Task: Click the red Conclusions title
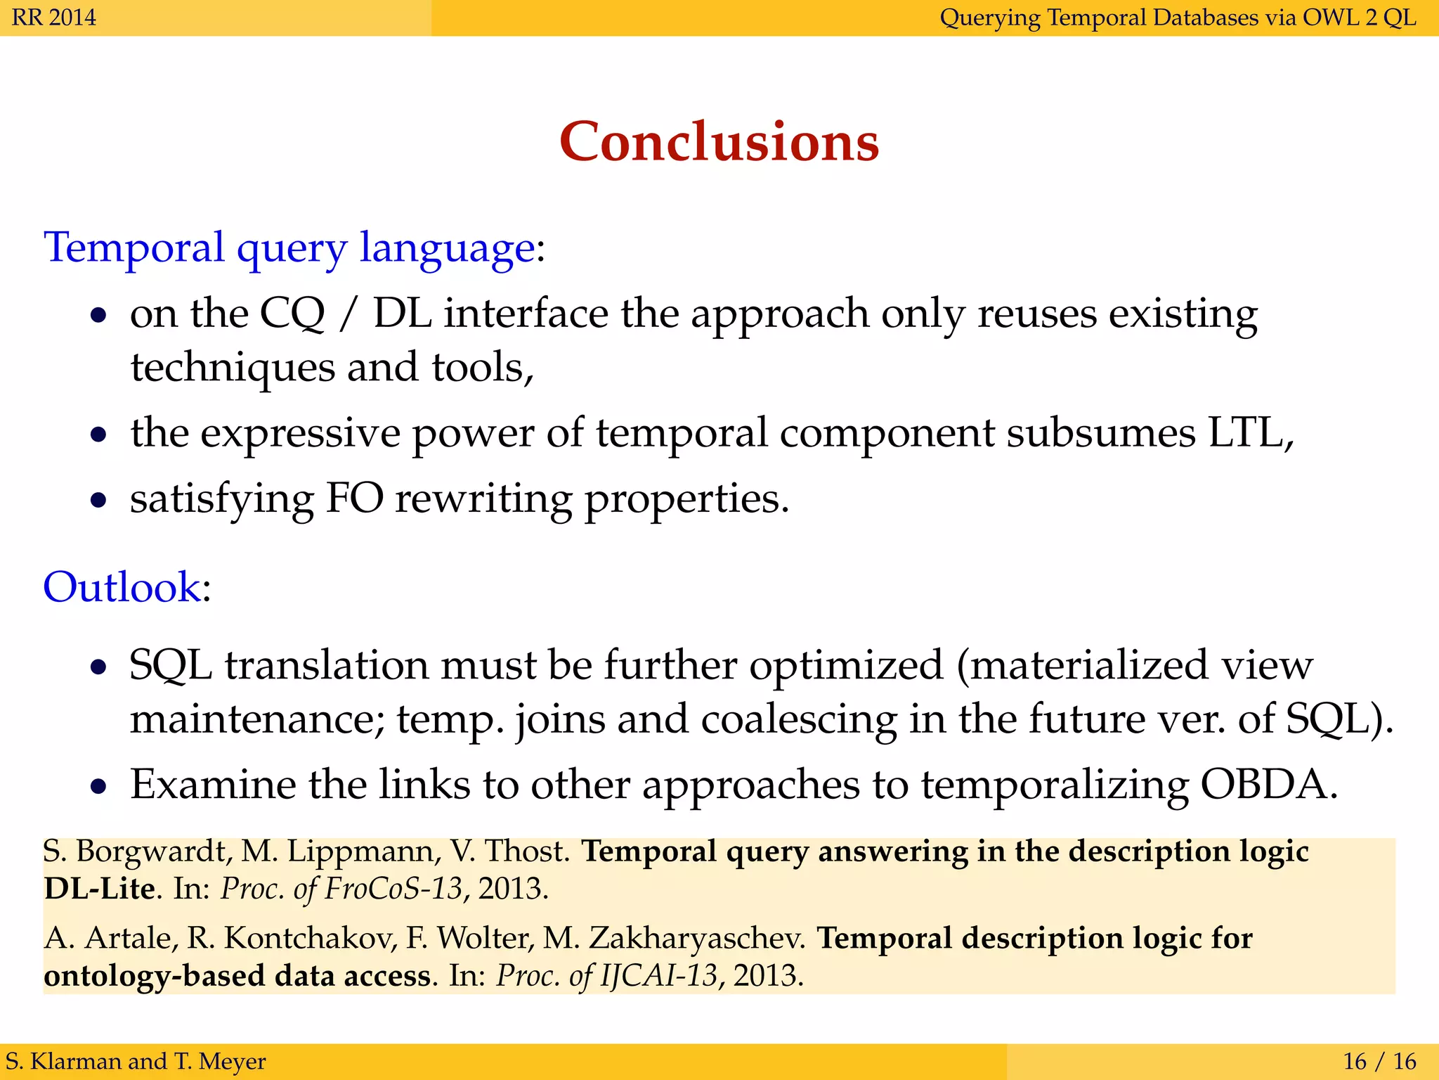coord(719,141)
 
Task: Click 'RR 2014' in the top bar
coord(54,17)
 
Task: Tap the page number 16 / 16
coord(1379,1061)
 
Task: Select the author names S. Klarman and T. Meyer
coord(136,1061)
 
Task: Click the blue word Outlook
coord(122,587)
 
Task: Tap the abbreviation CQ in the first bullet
coord(292,314)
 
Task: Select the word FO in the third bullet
coord(355,499)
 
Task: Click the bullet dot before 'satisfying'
coord(99,501)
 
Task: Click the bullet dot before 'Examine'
coord(99,786)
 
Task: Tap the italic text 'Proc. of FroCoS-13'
coord(341,889)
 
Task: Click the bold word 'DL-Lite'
coord(99,889)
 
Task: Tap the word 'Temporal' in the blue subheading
coord(134,248)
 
